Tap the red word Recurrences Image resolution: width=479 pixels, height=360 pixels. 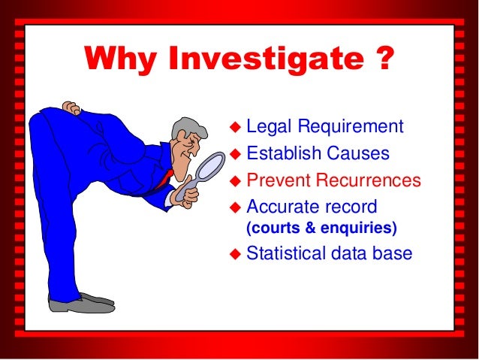pyautogui.click(x=366, y=180)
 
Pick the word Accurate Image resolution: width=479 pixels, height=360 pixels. pyautogui.click(x=281, y=206)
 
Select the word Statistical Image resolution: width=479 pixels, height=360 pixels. pyautogui.click(x=290, y=253)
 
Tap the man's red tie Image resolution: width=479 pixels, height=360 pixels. pyautogui.click(x=166, y=177)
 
